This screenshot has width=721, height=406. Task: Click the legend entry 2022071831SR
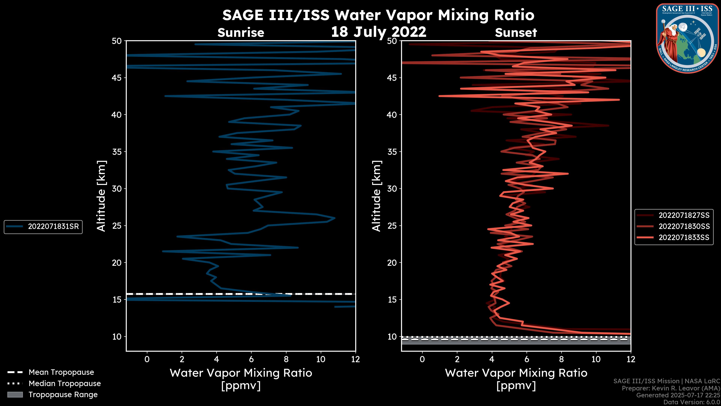coord(53,226)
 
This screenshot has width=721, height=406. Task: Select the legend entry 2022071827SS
coord(684,215)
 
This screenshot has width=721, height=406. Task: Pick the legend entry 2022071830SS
coord(684,226)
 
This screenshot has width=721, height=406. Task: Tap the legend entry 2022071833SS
coord(684,238)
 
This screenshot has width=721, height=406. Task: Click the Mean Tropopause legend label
coord(61,372)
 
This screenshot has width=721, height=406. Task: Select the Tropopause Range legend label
coord(63,395)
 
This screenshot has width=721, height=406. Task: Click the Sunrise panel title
coord(241,33)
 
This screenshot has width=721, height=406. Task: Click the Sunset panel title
coord(516,33)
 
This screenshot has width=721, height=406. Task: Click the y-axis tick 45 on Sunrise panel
coord(117,78)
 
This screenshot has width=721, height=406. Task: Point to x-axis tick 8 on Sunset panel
coord(561,359)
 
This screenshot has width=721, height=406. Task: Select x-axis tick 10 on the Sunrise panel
coord(321,359)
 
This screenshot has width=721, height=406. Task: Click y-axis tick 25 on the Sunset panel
coord(392,226)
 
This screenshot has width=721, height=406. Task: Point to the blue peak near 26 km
coord(334,218)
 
